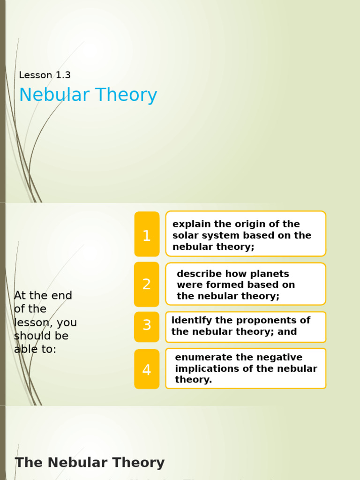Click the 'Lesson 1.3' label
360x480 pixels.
[x=45, y=75]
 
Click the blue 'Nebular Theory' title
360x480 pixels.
[x=88, y=95]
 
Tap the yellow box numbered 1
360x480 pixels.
[x=147, y=235]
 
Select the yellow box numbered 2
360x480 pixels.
[x=147, y=284]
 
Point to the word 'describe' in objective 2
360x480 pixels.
[x=198, y=274]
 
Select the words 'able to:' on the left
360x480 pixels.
[x=35, y=350]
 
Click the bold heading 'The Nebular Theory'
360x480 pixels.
[x=90, y=463]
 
